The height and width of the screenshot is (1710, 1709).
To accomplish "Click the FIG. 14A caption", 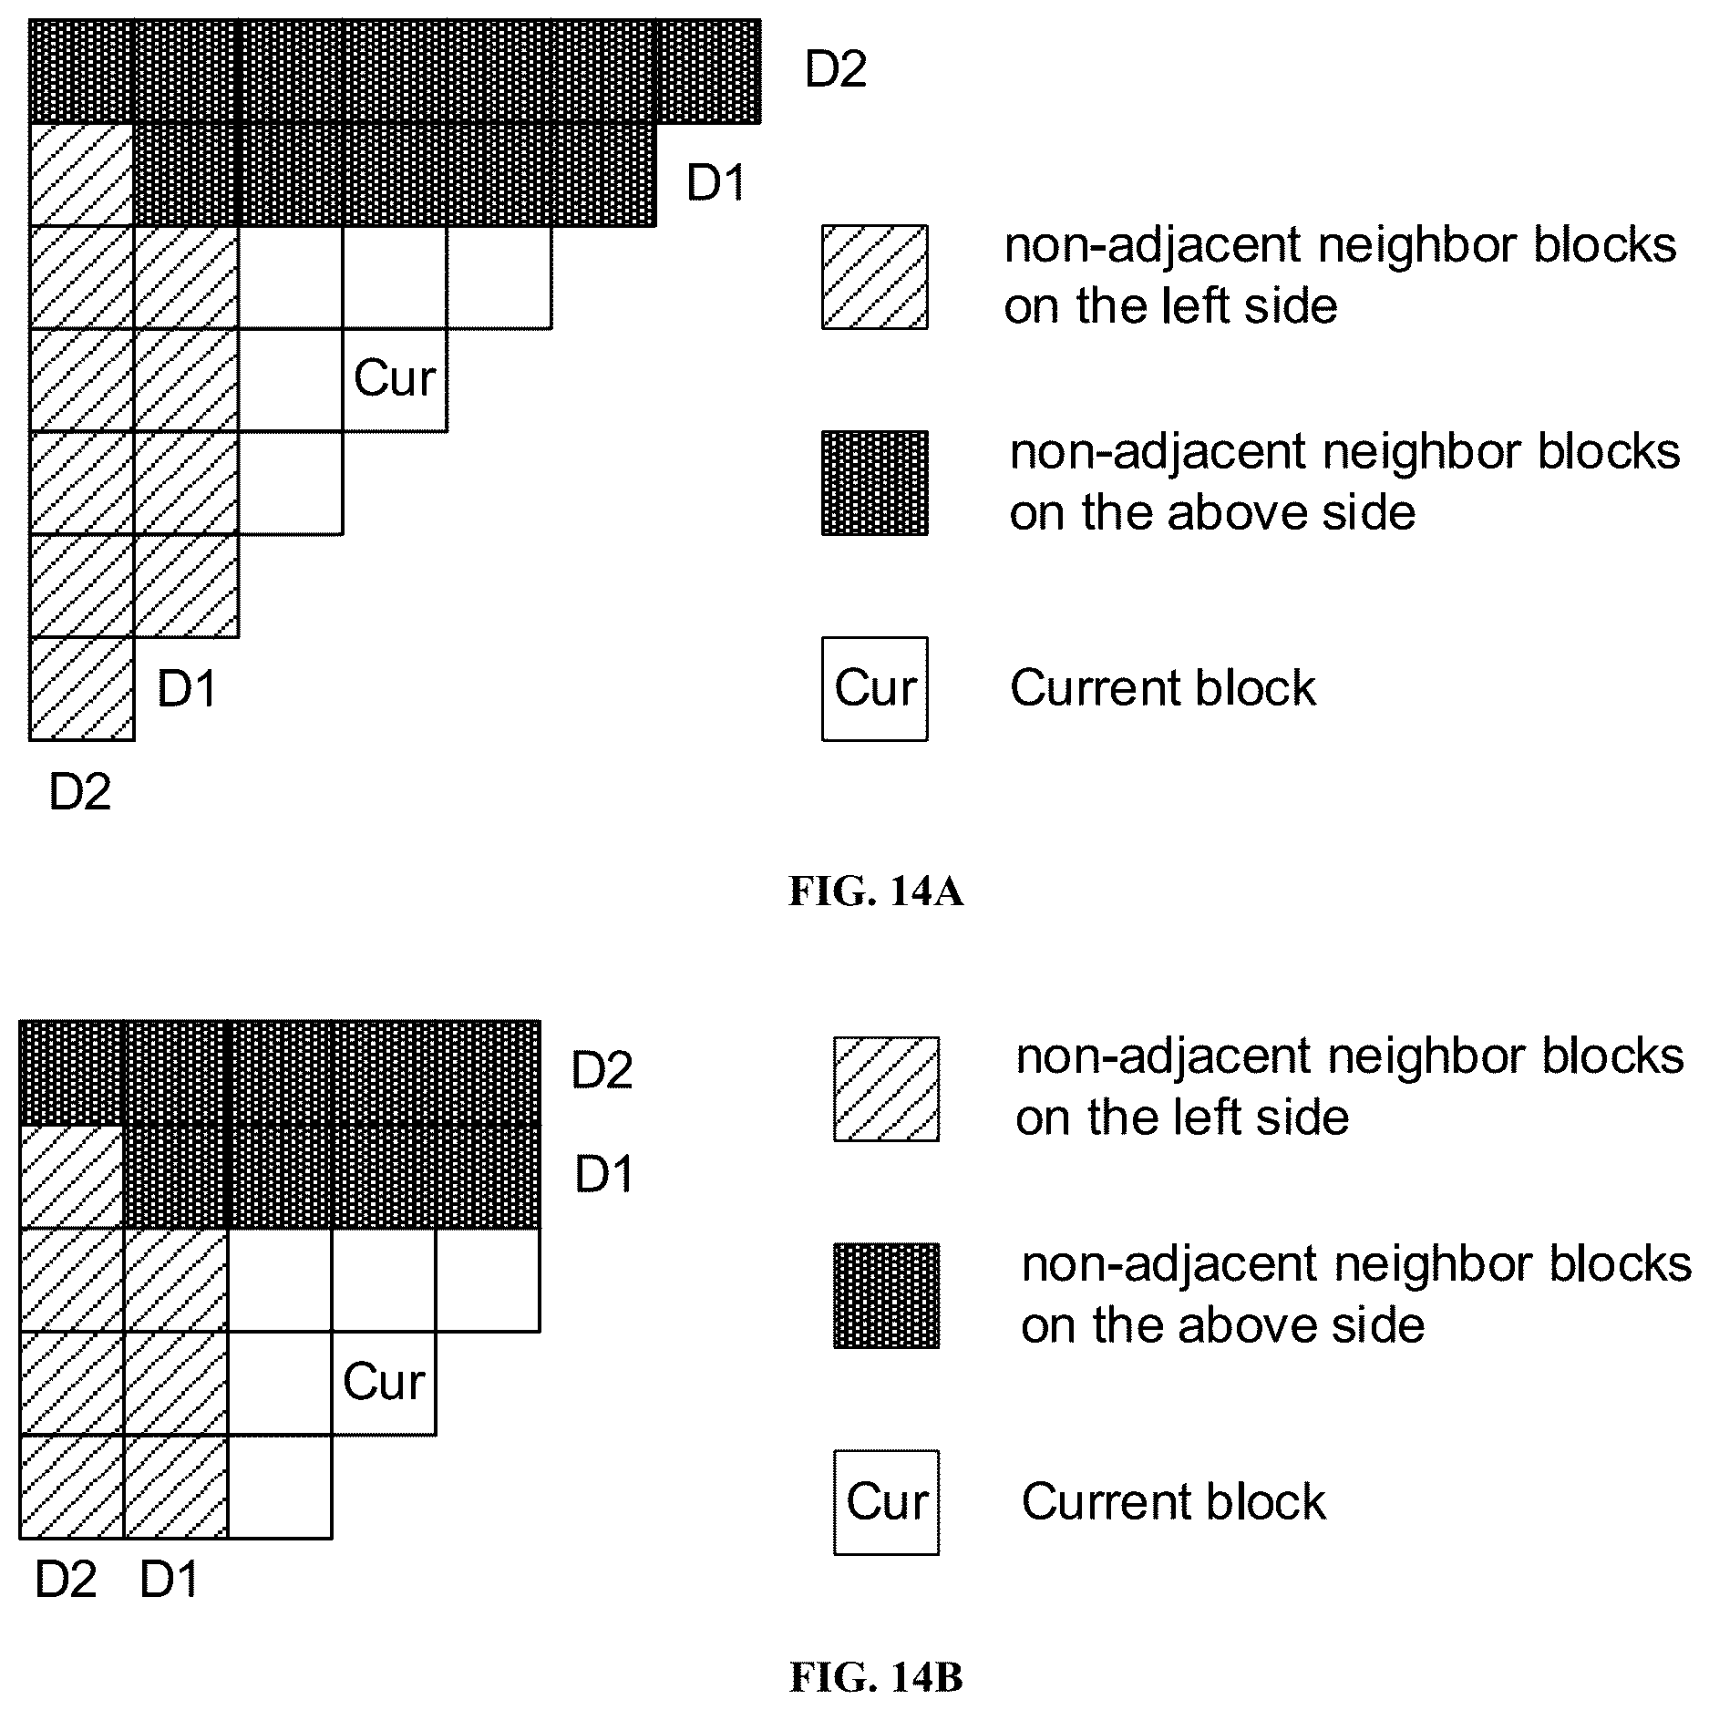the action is [x=875, y=891].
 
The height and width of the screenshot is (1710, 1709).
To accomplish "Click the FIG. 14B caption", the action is [x=875, y=1678].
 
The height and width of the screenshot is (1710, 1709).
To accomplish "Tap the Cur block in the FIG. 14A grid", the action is [x=395, y=379].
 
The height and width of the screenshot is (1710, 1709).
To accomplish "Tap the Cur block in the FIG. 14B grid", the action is [x=384, y=1383].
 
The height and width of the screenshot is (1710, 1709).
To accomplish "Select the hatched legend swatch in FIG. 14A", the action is [x=875, y=276].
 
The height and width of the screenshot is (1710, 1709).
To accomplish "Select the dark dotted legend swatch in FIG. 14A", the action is [x=875, y=483].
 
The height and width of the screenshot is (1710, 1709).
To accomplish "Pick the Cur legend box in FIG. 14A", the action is [x=875, y=688].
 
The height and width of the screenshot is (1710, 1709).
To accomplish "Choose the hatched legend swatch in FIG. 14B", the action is [x=886, y=1088].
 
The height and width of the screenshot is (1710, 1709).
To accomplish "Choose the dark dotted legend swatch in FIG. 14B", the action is [x=886, y=1295].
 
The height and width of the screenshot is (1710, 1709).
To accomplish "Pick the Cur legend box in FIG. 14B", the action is [x=886, y=1502].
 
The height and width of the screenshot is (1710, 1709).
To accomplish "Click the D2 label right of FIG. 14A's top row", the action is [x=836, y=69].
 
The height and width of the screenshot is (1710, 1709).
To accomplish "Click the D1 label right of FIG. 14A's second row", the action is [x=716, y=183].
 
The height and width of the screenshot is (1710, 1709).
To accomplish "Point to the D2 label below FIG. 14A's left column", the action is [x=80, y=791].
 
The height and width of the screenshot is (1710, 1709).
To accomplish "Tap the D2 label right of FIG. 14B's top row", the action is [x=602, y=1070].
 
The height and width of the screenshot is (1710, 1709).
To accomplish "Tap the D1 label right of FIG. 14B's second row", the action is [x=604, y=1174].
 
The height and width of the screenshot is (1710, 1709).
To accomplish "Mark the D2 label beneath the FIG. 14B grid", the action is [x=66, y=1580].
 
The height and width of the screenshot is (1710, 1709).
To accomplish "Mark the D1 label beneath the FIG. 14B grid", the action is [x=170, y=1580].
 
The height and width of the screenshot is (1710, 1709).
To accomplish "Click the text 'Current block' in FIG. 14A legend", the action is [x=1163, y=687].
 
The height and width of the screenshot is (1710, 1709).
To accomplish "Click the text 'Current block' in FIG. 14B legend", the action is [x=1174, y=1501].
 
